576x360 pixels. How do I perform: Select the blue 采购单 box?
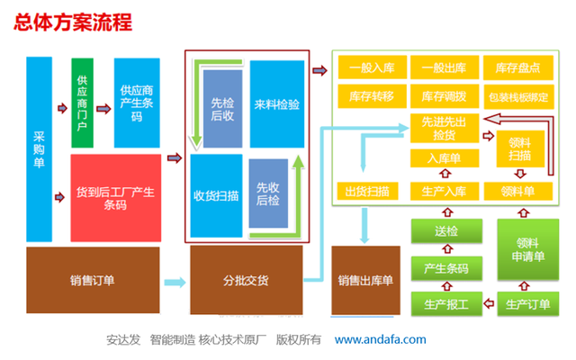39,148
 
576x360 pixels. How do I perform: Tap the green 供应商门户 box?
82,102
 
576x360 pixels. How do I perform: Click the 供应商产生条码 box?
137,102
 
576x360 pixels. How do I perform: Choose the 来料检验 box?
277,104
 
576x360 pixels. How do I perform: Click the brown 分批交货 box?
245,280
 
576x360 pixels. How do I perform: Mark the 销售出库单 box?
365,280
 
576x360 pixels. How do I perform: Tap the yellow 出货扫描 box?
366,191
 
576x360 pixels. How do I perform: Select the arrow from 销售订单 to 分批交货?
175,281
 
